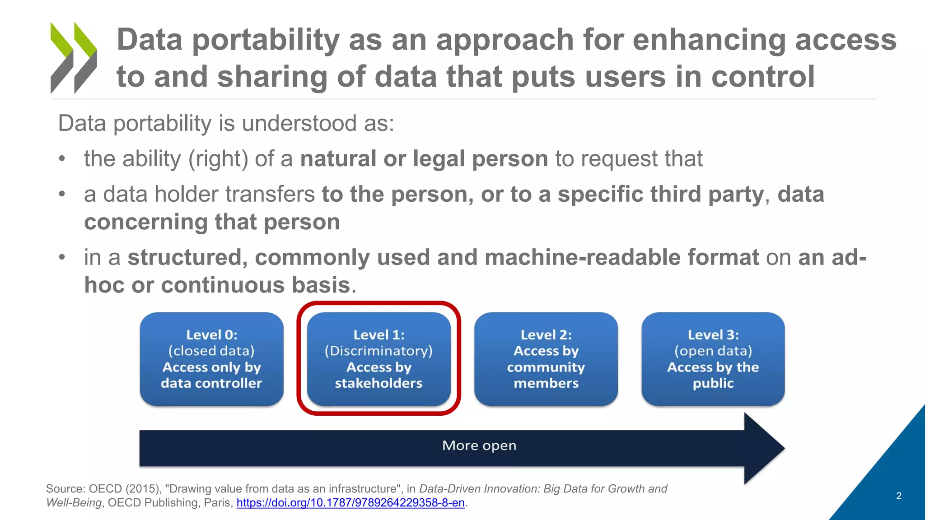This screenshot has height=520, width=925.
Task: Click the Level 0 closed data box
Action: (x=211, y=359)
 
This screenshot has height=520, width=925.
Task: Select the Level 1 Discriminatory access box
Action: (x=378, y=359)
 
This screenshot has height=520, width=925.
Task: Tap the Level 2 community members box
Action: (x=546, y=359)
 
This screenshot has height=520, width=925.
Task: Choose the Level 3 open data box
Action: (x=713, y=359)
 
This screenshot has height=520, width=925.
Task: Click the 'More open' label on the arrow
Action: (x=479, y=446)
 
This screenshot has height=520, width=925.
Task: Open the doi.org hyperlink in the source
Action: (x=350, y=503)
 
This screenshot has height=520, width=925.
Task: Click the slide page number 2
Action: (x=898, y=496)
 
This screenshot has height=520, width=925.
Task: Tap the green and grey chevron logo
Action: (x=74, y=58)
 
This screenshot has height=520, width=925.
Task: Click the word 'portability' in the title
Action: (x=266, y=40)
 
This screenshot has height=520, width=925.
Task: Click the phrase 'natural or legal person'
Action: (x=424, y=159)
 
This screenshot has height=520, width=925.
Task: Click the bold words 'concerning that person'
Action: (x=212, y=222)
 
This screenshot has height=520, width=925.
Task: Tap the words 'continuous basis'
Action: (x=256, y=285)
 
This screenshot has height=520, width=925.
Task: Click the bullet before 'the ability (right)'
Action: (x=62, y=159)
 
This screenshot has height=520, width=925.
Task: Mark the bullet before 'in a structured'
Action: (x=62, y=257)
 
